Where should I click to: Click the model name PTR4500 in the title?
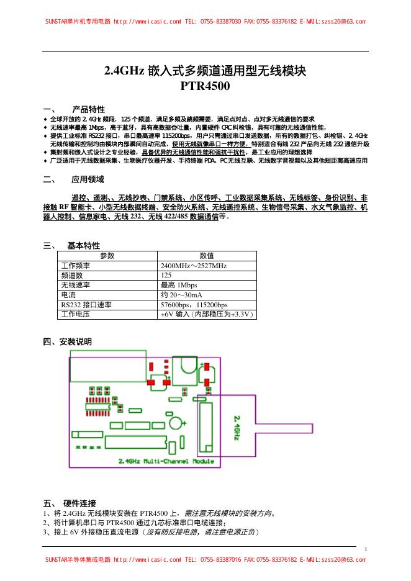point(205,87)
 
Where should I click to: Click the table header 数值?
point(207,256)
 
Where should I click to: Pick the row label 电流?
point(68,295)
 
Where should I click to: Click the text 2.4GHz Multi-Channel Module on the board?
point(166,461)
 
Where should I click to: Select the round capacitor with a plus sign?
point(176,422)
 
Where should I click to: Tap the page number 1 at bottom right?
point(366,548)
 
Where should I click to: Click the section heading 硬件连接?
point(79,503)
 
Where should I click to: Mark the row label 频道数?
point(72,275)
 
